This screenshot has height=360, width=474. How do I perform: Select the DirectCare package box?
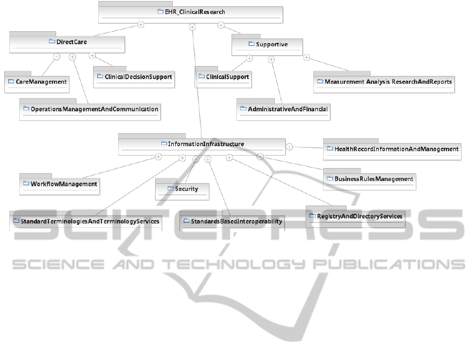[x=68, y=42]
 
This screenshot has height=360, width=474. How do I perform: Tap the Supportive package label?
[x=272, y=44]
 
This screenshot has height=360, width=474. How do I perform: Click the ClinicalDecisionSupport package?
[x=134, y=76]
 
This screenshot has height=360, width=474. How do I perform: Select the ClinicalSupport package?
[x=227, y=77]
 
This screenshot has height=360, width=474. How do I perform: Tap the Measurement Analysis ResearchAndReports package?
[x=388, y=82]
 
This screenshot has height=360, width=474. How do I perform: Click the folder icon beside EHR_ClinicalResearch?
[x=160, y=11]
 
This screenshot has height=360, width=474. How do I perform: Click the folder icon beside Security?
[x=170, y=189]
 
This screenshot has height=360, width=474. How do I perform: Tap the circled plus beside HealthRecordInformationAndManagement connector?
[x=290, y=147]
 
